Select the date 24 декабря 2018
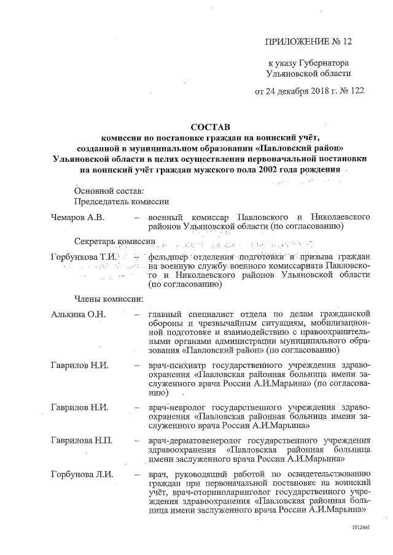pyautogui.click(x=295, y=91)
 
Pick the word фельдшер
pyautogui.click(x=169, y=256)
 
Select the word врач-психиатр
pyautogui.click(x=179, y=366)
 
